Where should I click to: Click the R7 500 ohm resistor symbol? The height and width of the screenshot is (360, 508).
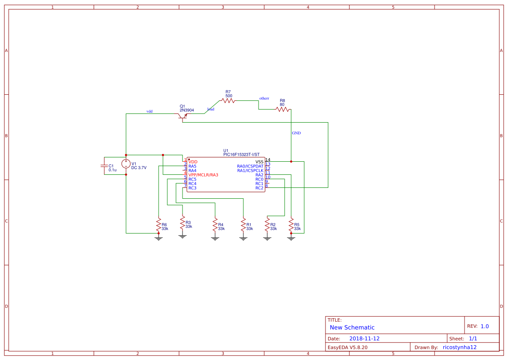[228, 100]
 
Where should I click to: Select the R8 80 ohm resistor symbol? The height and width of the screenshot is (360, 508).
[282, 110]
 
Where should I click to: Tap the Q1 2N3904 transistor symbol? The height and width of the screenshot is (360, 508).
[183, 116]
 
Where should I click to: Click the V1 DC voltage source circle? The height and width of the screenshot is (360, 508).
[126, 164]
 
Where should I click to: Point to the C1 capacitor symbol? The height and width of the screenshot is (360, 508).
[104, 166]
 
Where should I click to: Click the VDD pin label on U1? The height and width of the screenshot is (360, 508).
[193, 162]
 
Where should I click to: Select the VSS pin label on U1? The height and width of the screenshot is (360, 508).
[259, 162]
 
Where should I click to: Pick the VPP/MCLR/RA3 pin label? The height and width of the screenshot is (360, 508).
[203, 175]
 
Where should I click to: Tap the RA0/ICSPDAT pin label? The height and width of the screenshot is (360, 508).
[250, 166]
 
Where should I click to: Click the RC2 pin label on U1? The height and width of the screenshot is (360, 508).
[259, 188]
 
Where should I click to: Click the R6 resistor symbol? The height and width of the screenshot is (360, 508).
[159, 225]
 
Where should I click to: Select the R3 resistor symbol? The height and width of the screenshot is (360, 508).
[183, 223]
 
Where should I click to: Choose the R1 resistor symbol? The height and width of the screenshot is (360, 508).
[243, 225]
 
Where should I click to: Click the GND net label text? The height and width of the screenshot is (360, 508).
[296, 133]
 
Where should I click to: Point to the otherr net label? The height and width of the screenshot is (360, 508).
[264, 98]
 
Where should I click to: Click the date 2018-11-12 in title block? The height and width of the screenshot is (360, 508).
[365, 339]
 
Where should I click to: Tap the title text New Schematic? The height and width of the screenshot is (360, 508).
[352, 327]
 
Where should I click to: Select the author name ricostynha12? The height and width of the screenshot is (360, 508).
[460, 347]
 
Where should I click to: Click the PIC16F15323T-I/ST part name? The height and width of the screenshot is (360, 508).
[241, 154]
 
